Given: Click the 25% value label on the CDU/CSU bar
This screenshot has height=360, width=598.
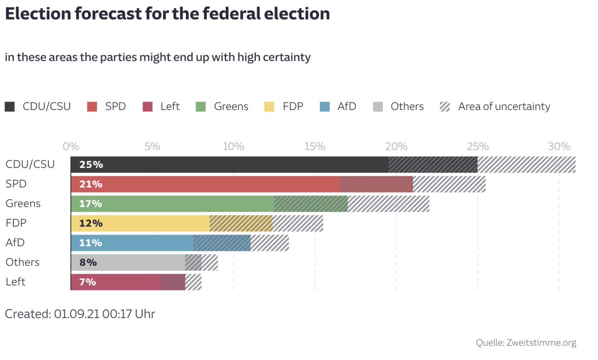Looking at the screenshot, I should point(91,165).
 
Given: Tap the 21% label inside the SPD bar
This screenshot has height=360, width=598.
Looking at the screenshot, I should point(91,184).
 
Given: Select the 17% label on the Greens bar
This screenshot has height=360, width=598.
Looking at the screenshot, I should point(91,204).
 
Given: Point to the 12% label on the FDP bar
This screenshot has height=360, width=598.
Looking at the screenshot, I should point(91,223).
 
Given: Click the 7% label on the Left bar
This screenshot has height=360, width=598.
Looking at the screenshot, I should point(88,282).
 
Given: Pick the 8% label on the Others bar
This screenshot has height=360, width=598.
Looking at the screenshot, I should point(88,262).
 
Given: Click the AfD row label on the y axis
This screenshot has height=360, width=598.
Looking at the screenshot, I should point(15,242).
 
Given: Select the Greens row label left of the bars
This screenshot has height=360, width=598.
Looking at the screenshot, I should point(23,204).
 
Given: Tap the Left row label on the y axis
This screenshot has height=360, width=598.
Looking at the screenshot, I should point(15,282).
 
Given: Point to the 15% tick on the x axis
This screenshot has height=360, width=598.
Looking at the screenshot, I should point(315,147).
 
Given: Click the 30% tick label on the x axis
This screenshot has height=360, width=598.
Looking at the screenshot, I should point(559,147).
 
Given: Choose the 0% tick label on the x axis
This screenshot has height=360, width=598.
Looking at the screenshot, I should point(71,147).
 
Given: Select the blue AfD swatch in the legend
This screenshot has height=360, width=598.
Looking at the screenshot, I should point(325,107).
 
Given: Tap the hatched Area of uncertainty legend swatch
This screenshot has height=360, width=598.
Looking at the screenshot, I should point(445,107).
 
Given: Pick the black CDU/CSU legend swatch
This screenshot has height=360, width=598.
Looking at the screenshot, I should point(10,107).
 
